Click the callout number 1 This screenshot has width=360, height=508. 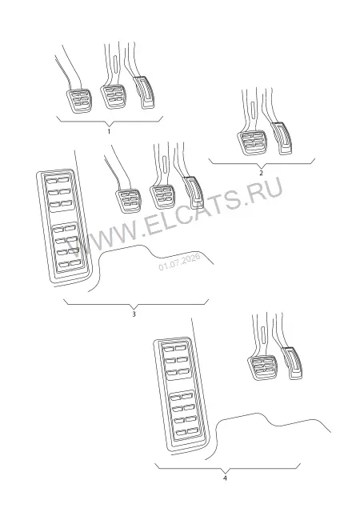click(x=109, y=131)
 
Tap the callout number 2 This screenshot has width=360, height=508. click(x=261, y=173)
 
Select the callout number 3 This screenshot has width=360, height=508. click(x=134, y=314)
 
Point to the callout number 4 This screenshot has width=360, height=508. click(x=225, y=478)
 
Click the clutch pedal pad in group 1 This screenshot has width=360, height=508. click(x=78, y=100)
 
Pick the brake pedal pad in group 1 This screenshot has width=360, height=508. click(x=113, y=96)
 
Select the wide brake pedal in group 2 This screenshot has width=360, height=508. click(x=252, y=142)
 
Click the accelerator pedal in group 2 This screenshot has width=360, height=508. click(x=282, y=138)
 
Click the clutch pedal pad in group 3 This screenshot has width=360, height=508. click(x=128, y=200)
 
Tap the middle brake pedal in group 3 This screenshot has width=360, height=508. click(x=162, y=196)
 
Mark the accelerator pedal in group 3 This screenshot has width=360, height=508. click(x=194, y=193)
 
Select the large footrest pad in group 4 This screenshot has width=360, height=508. click(x=181, y=396)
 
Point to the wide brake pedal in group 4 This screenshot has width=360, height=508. click(x=262, y=368)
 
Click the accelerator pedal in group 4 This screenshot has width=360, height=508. click(x=293, y=363)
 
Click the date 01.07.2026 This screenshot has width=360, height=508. click(x=179, y=261)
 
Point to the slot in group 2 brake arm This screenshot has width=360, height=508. click(x=253, y=108)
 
